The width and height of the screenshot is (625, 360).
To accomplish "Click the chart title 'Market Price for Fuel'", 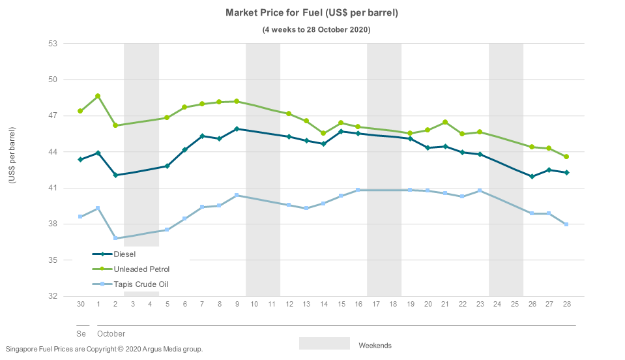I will tap(312, 13).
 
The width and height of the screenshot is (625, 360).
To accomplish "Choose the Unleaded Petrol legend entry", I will tap(141, 269).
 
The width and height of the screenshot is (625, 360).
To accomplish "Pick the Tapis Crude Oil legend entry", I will tap(141, 284).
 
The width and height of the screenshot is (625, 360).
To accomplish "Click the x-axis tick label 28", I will tap(566, 305).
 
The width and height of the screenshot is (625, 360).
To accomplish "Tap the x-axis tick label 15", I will tap(341, 305).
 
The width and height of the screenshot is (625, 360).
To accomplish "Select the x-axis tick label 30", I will tap(81, 305).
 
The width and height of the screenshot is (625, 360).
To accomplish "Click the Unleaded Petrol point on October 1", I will tap(98, 96).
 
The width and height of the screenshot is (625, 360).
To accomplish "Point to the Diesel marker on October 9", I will tap(237, 128).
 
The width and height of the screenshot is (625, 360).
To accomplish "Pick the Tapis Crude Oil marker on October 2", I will tap(115, 238).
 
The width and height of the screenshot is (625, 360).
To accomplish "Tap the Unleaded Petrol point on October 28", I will tap(566, 157).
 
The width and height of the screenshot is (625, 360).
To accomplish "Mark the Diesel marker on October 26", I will tap(532, 176).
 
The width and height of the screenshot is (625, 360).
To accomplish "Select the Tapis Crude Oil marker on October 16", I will tap(358, 190).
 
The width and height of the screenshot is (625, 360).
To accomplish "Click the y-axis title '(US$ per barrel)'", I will tap(12, 155).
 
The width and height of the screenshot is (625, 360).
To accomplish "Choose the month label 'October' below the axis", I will tap(111, 334).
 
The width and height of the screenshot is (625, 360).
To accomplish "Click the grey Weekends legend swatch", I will tap(325, 344).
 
